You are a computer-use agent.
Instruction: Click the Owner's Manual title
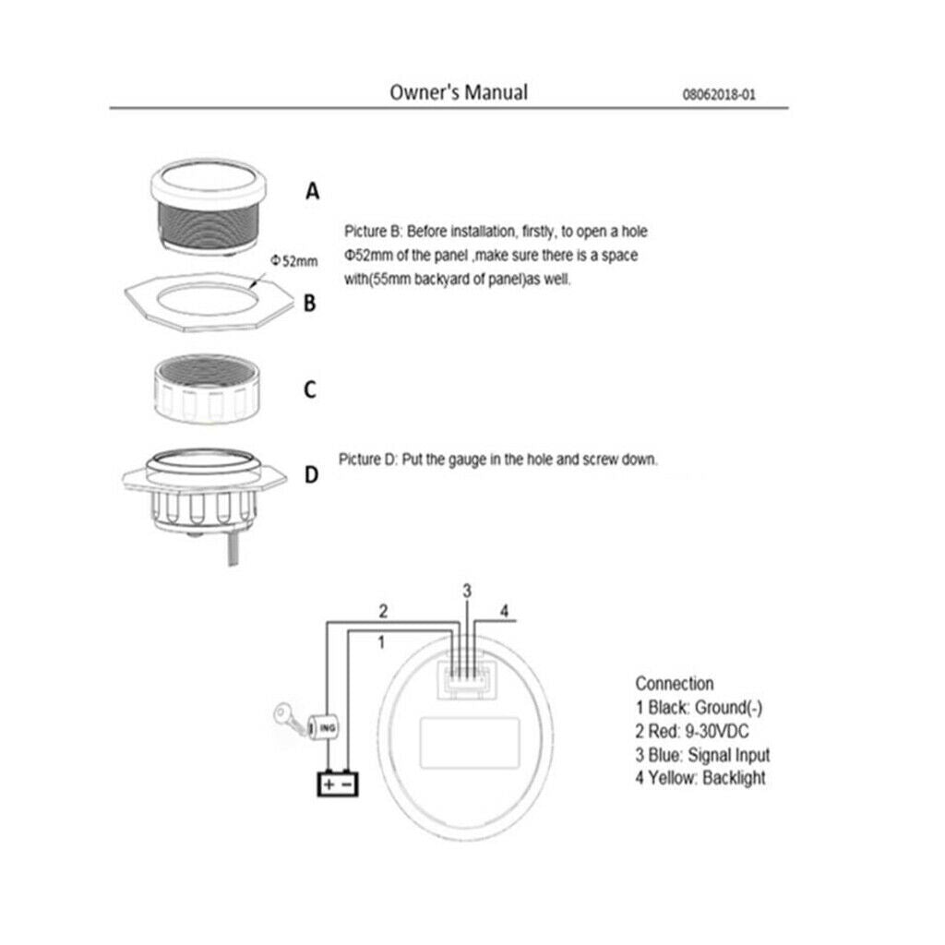459,92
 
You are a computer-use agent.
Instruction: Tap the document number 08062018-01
718,95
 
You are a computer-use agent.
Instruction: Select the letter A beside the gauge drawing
312,191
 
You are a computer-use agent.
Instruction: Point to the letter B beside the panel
310,303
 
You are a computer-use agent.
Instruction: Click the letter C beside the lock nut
310,389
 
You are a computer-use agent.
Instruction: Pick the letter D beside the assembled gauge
311,475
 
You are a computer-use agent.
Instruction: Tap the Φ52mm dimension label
293,261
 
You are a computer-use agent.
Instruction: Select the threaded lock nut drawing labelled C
209,389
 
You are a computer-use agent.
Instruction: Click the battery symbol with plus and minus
338,784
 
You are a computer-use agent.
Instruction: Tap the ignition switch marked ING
323,727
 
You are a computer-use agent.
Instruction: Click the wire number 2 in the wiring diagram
383,611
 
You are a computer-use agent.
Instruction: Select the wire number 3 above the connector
467,592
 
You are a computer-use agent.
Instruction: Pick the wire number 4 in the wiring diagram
505,611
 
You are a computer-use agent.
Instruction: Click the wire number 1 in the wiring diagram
381,642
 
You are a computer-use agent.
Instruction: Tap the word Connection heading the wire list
675,684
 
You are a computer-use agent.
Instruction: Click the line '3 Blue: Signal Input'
702,755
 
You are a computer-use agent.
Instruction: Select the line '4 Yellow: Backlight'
700,778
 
